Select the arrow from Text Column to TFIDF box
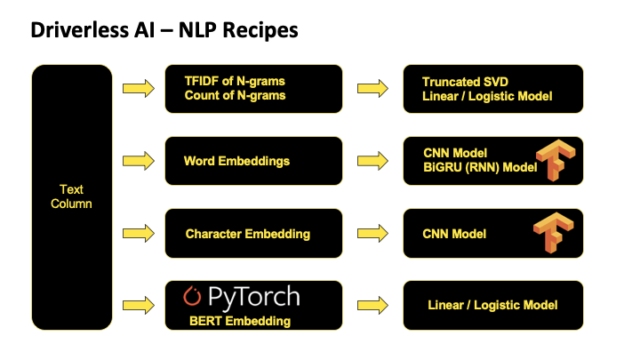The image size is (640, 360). click(138, 88)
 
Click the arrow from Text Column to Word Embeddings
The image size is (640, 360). click(138, 161)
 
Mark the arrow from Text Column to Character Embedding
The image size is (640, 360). click(138, 234)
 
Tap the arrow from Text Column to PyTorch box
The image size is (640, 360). click(138, 306)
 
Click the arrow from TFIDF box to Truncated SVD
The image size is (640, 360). click(372, 88)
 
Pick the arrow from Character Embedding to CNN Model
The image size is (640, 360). click(372, 234)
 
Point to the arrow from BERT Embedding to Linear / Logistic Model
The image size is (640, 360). click(372, 306)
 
